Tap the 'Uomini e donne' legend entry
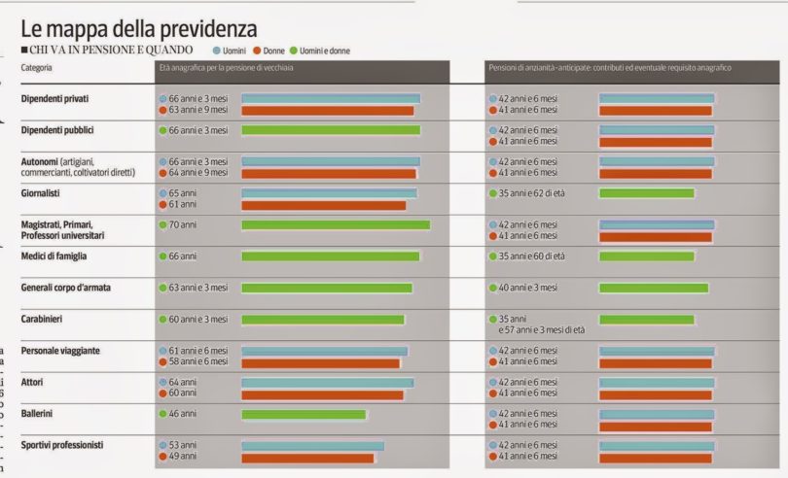pos(324,50)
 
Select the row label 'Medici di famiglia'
pos(54,256)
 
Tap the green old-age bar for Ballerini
pos(303,414)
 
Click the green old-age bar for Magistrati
pos(335,225)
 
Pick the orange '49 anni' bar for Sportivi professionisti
pos(306,457)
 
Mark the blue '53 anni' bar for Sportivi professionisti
pos(311,446)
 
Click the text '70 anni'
pos(184,224)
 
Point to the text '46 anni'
pos(183,414)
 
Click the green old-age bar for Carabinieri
pos(322,320)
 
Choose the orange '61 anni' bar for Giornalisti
pos(322,205)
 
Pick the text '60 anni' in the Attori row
pos(183,393)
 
